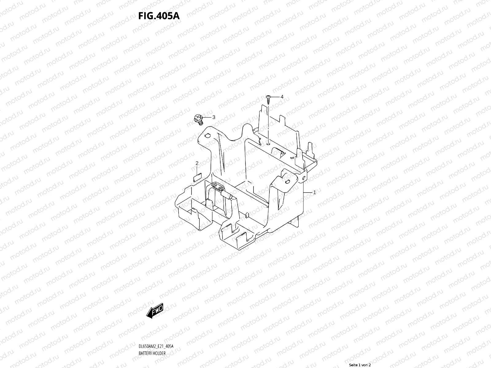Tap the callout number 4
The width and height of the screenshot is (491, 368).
coord(282,97)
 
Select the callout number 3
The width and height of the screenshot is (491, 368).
coord(214,117)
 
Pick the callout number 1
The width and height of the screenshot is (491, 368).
coord(314,193)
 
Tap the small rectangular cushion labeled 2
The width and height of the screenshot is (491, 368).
coord(197,177)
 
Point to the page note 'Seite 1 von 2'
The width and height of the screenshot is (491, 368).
coord(360,365)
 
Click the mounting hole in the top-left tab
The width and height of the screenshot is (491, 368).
coord(207,135)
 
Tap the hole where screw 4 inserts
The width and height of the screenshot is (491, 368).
coord(268,142)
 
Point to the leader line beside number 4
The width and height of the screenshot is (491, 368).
coord(275,97)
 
